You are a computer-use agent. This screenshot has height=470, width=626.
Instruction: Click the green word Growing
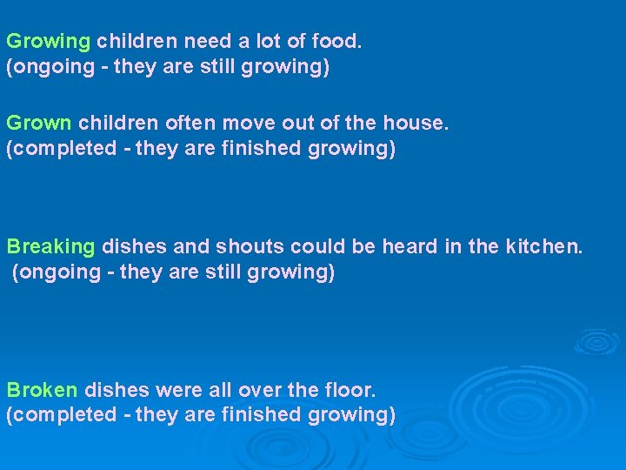48,42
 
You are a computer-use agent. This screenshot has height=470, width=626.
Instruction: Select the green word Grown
38,124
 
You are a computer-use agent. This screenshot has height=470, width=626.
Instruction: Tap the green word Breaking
50,247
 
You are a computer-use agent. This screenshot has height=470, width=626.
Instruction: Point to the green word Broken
42,390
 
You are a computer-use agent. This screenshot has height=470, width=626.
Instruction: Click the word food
338,41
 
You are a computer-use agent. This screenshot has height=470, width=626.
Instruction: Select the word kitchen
544,247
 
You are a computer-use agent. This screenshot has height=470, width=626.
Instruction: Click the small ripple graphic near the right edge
596,341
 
